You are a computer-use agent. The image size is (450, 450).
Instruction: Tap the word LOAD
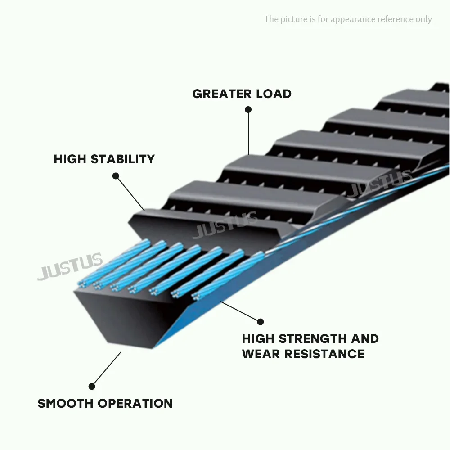tap(274, 94)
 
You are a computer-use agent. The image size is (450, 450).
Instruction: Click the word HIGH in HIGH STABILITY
tap(70, 159)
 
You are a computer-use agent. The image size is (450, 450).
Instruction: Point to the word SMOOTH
tap(65, 403)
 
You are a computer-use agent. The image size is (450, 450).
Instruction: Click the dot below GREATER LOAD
tap(248, 109)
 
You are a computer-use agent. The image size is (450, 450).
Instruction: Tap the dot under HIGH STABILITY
tap(116, 176)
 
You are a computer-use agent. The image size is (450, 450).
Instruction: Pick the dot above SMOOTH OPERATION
tap(92, 386)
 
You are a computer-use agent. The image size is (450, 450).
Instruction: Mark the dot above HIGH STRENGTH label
tap(260, 321)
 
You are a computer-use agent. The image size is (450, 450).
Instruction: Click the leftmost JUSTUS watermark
tap(70, 266)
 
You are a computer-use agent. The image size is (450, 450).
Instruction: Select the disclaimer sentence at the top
tap(349, 19)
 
